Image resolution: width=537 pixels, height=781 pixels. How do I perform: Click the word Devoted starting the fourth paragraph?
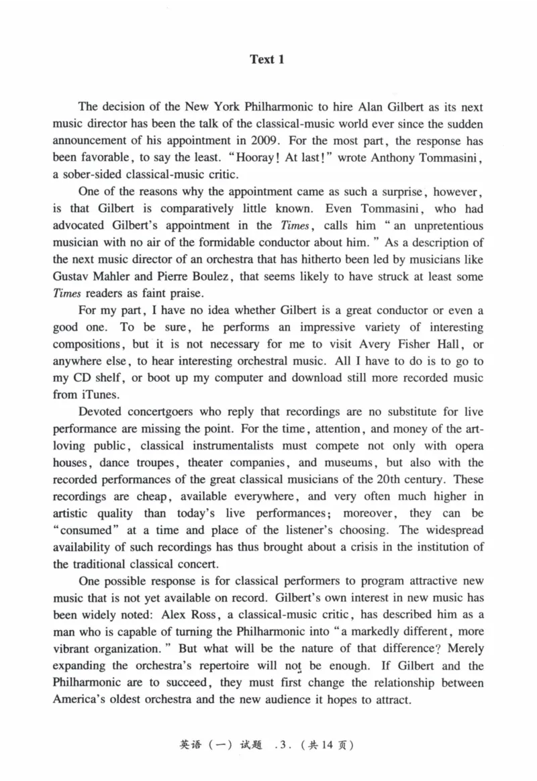tap(101, 412)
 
